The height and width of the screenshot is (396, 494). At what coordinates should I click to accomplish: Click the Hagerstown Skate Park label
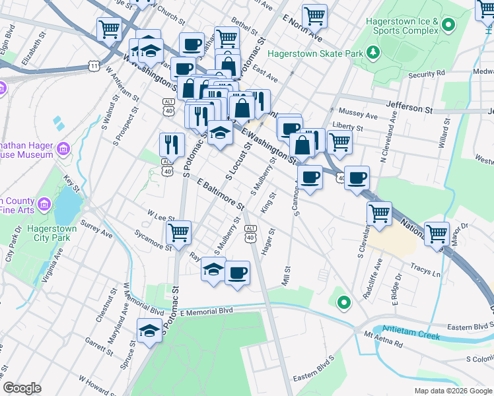coord(317,51)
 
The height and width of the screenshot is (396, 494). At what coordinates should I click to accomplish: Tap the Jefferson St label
coord(409,104)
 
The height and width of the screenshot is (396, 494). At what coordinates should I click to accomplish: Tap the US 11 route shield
coord(94,66)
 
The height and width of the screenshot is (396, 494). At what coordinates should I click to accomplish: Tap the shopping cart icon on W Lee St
coord(178,232)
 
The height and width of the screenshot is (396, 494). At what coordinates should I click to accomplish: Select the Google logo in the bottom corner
coord(22,388)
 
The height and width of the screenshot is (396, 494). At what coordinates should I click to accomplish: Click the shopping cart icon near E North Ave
coord(315,15)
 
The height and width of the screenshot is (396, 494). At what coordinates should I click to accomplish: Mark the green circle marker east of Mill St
coord(343,303)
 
